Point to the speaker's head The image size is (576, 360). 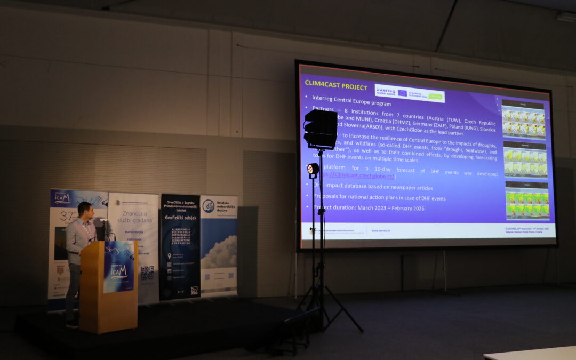84,210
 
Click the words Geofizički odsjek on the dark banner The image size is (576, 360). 180,218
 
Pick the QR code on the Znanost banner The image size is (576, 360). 147,273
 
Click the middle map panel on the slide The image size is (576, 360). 525,160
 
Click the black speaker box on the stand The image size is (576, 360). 320,129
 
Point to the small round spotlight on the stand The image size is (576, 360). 313,170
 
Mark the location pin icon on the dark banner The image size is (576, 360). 169,256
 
